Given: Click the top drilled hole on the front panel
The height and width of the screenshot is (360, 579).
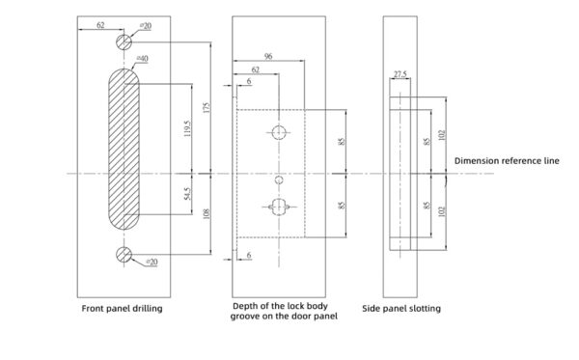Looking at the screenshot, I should coord(124,42).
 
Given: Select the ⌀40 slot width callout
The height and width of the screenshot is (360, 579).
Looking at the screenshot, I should coord(142,59).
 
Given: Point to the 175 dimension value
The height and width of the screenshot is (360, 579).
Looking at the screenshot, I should coord(205,107).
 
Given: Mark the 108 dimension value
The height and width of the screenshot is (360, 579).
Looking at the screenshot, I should coord(205,212).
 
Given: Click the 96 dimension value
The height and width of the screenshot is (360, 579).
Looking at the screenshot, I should coord(267,57).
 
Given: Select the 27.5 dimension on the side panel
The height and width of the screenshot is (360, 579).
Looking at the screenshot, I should coord(400,73).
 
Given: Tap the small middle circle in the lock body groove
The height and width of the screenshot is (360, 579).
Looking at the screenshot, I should coord(279,180).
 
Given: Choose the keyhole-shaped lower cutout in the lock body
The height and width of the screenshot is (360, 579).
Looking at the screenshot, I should coord(279,205).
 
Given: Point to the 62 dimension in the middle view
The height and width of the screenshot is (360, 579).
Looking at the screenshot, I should coord(255,70).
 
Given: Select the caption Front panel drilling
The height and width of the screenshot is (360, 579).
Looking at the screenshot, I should coord(122,309).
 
